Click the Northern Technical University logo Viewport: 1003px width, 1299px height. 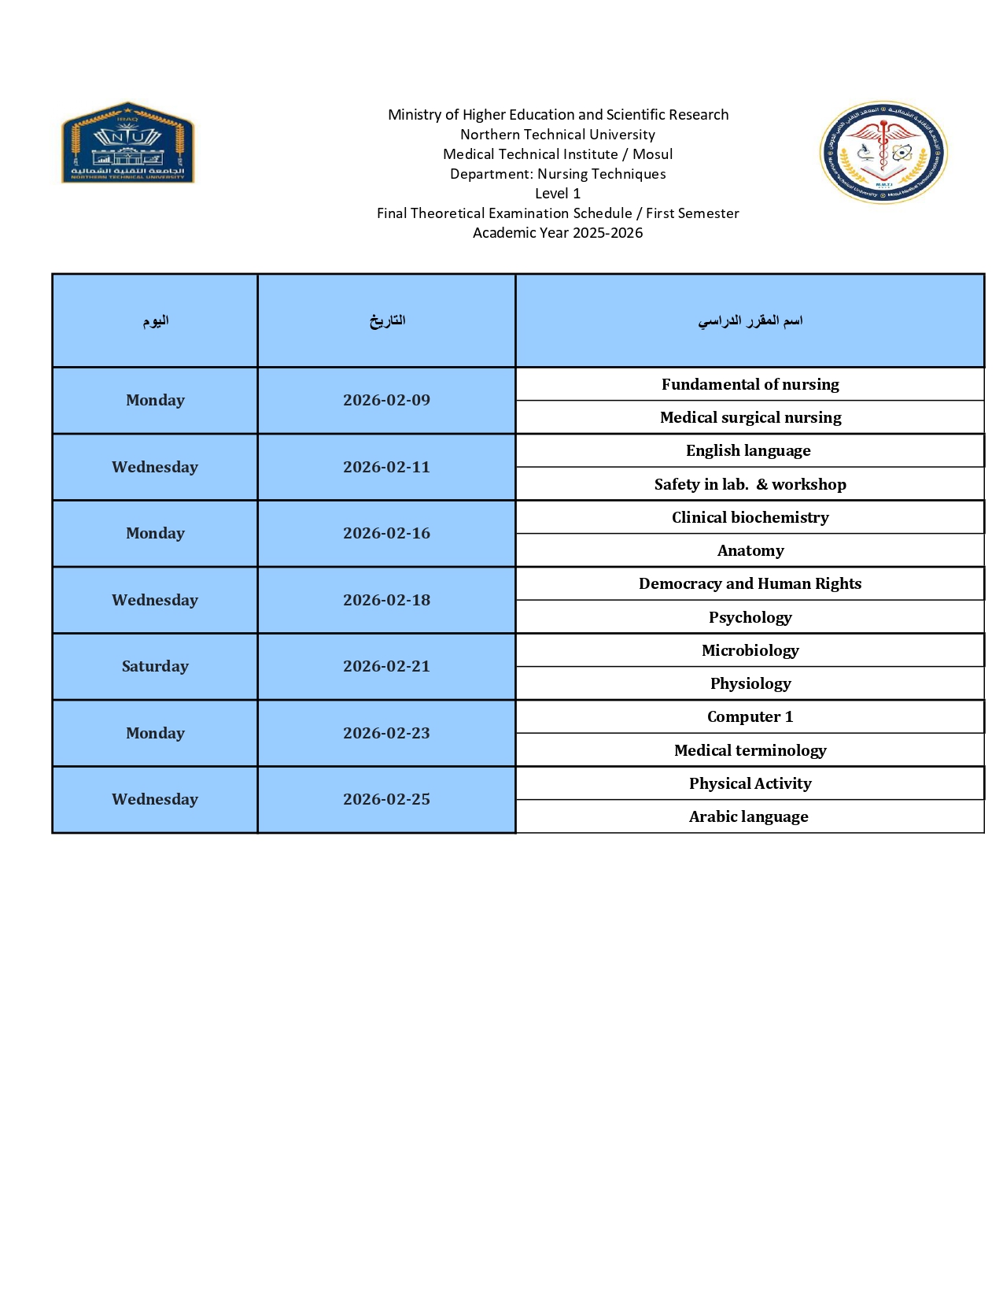(x=127, y=142)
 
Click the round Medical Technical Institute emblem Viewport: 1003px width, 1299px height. (x=883, y=152)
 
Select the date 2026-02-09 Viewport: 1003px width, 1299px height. (x=386, y=400)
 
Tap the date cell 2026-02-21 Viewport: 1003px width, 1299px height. (x=386, y=666)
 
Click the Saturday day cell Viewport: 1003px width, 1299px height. (x=155, y=666)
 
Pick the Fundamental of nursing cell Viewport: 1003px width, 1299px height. (x=750, y=384)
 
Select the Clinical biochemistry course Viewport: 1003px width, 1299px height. (x=750, y=517)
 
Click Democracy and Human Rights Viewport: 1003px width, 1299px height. (x=750, y=583)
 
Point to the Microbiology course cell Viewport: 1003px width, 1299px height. (x=750, y=650)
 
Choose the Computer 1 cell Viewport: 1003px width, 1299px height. (x=750, y=716)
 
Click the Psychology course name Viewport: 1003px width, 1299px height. (x=750, y=617)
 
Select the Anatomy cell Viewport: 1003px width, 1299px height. (x=750, y=550)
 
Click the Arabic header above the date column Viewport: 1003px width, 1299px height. (x=387, y=320)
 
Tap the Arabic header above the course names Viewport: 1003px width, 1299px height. (x=750, y=320)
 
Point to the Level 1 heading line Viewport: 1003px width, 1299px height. (x=558, y=194)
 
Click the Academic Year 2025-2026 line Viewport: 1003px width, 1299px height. (x=558, y=233)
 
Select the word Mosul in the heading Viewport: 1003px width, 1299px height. (x=652, y=154)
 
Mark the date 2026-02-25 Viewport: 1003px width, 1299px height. (x=386, y=799)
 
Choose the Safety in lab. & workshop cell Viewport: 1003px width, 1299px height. (x=750, y=484)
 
